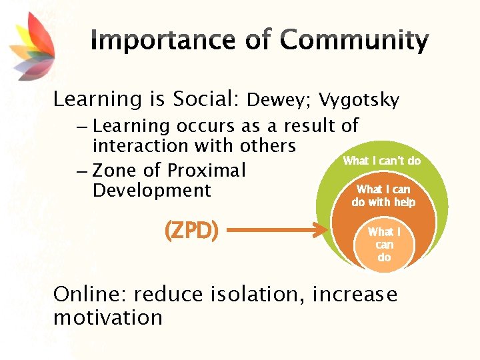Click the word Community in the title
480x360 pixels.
point(354,41)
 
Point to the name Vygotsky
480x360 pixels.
point(359,101)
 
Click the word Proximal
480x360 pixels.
point(207,171)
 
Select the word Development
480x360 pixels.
point(152,191)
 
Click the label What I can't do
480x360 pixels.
point(381,161)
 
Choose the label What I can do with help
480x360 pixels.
point(383,196)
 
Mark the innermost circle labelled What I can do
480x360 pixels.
point(384,244)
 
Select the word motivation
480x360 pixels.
point(108,317)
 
